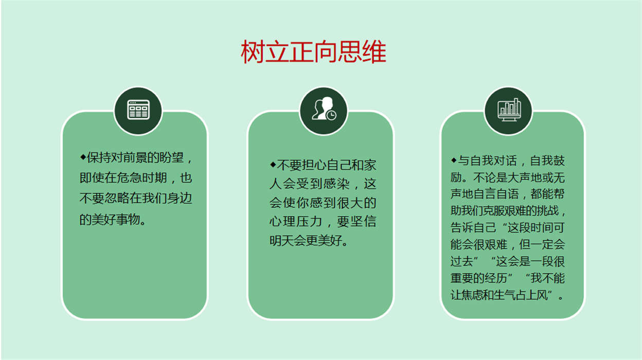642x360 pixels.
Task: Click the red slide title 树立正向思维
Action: (314, 52)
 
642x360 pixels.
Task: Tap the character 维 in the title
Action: (374, 52)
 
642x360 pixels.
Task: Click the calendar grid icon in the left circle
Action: (138, 110)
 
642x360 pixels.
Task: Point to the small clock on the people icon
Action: (332, 115)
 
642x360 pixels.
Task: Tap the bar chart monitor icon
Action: (509, 110)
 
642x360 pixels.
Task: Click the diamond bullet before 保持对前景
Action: (83, 157)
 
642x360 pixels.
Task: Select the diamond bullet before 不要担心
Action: (273, 165)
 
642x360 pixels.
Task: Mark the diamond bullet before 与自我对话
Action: (454, 160)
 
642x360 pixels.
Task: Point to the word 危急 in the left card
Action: (129, 178)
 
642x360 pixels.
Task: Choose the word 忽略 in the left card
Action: (117, 199)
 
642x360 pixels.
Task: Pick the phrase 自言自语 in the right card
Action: (496, 194)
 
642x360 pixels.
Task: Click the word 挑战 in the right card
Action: (548, 211)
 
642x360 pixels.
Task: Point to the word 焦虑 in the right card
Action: (473, 295)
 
